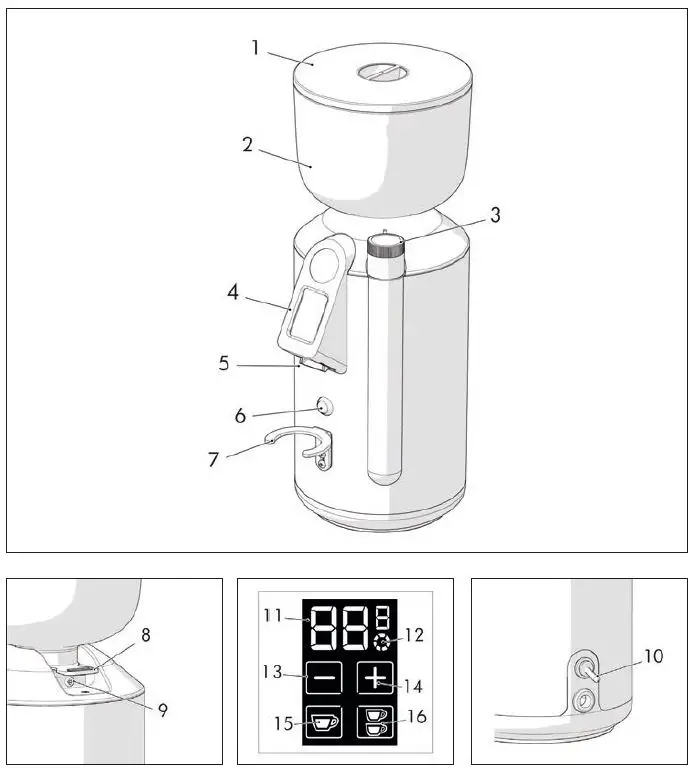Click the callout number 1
point(255,47)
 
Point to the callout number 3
point(495,214)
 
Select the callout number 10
point(654,656)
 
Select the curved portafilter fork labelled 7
point(300,441)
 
